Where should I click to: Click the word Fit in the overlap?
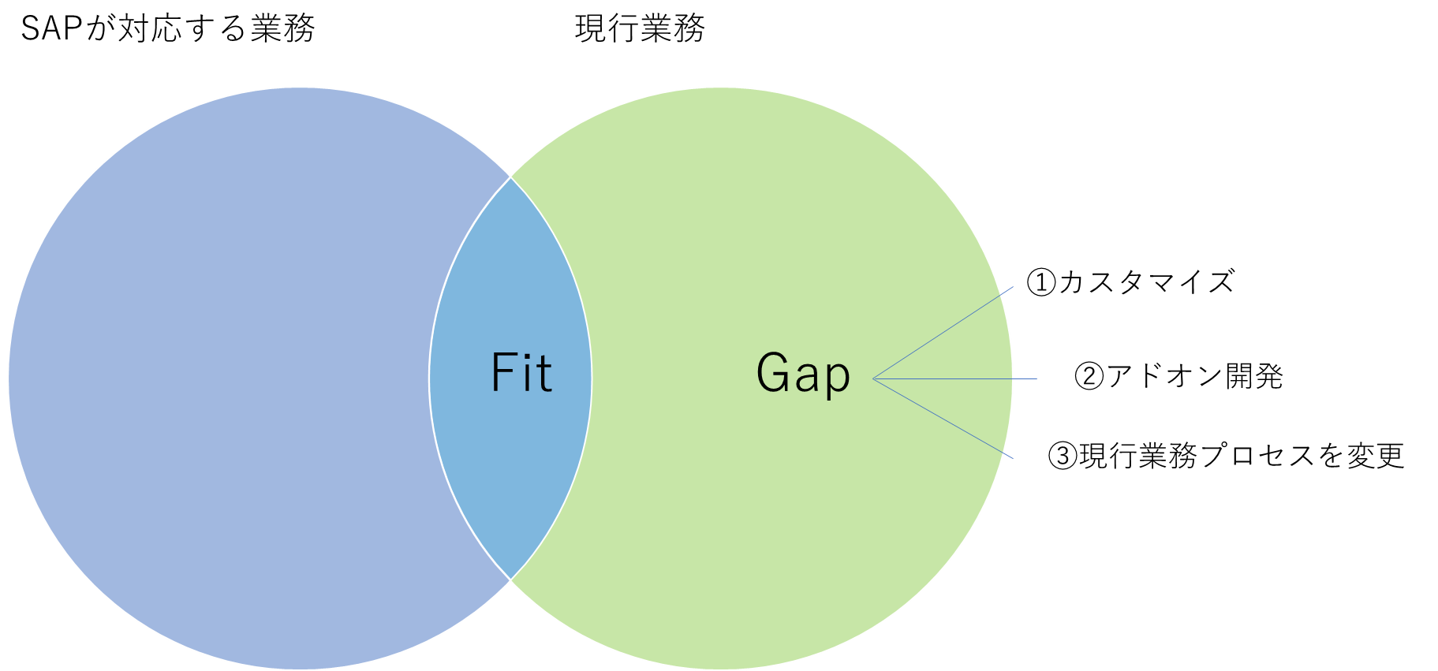pyautogui.click(x=521, y=373)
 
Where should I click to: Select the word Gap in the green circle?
pyautogui.click(x=803, y=374)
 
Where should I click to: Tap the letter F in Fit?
pyautogui.click(x=502, y=373)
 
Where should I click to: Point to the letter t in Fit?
pyautogui.click(x=543, y=374)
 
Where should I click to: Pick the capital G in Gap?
pyautogui.click(x=772, y=372)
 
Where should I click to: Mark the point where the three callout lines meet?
pyautogui.click(x=873, y=379)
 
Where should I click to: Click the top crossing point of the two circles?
pyautogui.click(x=510, y=177)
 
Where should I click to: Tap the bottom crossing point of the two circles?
pyautogui.click(x=510, y=580)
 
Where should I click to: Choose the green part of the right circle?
pyautogui.click(x=749, y=237)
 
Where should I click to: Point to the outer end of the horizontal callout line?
pyautogui.click(x=1036, y=379)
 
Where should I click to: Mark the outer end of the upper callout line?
pyautogui.click(x=1013, y=287)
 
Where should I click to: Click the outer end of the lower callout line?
pyautogui.click(x=1013, y=458)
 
